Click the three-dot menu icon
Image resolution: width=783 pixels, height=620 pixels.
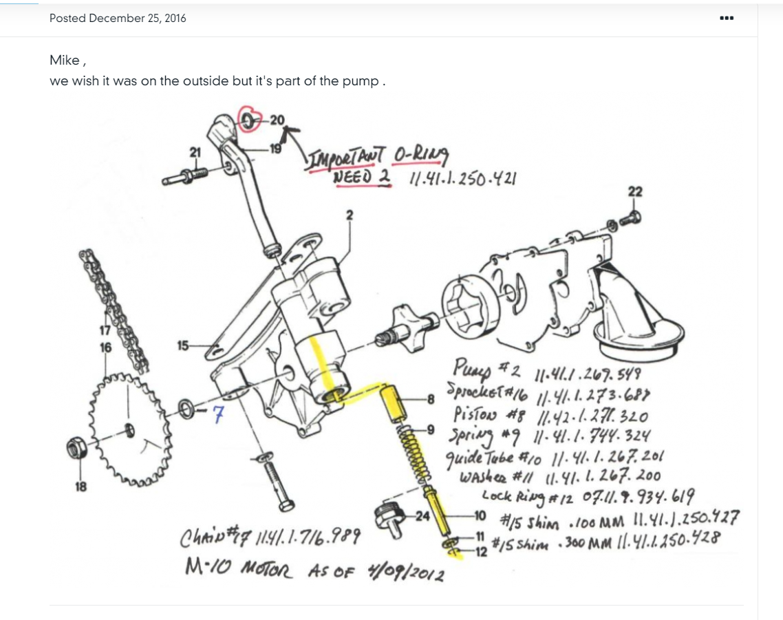pyautogui.click(x=726, y=18)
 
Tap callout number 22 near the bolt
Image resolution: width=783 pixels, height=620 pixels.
pyautogui.click(x=634, y=193)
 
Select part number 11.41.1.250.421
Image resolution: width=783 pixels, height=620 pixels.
pyautogui.click(x=462, y=179)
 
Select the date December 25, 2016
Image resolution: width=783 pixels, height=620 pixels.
pyautogui.click(x=138, y=19)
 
